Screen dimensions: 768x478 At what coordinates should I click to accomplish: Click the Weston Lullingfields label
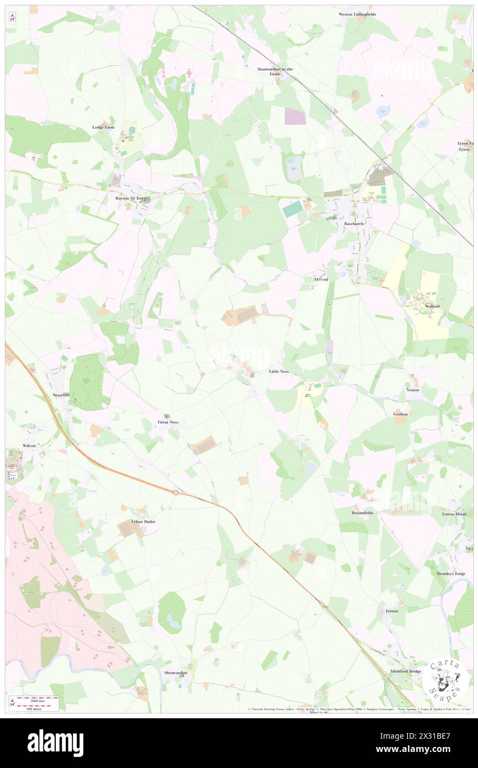tap(357, 14)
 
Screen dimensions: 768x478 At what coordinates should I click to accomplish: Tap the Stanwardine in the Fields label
tap(275, 71)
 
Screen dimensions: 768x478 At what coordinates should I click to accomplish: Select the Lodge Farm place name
tap(103, 127)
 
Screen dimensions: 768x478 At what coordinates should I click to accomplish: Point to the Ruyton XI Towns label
tap(136, 198)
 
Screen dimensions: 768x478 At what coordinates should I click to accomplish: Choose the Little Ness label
tap(279, 371)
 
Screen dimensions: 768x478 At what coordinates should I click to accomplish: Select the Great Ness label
tap(168, 422)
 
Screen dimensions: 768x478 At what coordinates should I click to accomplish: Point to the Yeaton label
tap(413, 390)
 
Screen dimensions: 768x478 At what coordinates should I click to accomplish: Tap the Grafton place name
tap(401, 414)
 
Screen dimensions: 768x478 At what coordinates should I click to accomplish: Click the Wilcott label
tap(29, 445)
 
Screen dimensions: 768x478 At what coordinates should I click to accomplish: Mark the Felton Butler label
tap(144, 522)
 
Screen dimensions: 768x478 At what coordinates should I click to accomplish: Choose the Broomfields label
tap(363, 513)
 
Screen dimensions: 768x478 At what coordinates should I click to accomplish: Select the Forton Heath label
tap(454, 514)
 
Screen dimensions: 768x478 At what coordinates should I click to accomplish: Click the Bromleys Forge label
tap(451, 574)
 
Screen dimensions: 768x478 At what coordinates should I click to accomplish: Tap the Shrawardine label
tap(176, 673)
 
